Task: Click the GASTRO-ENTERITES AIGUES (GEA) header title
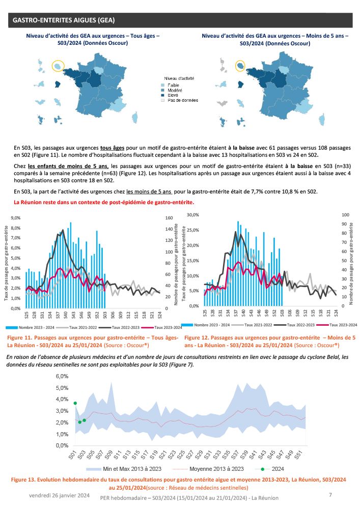(64, 20)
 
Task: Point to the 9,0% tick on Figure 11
(15, 217)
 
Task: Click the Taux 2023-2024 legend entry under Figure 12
(342, 324)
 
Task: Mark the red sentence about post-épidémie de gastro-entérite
(104, 202)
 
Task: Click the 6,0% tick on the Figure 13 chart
(61, 376)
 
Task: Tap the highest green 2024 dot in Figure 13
(75, 403)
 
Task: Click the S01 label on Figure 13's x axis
(72, 454)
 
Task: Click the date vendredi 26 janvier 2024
(60, 495)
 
